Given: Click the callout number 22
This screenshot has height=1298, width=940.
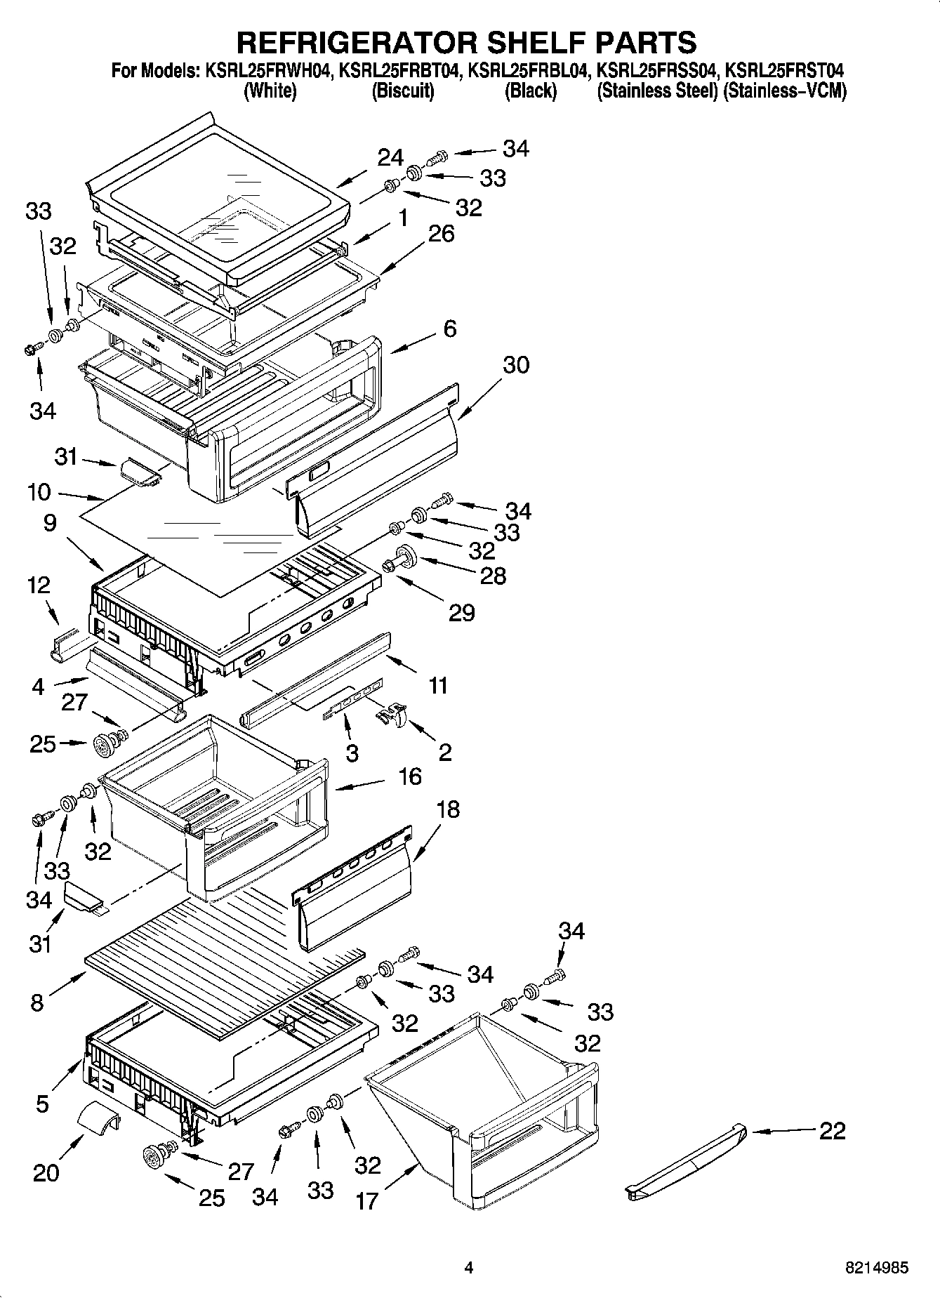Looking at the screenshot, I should (x=832, y=1131).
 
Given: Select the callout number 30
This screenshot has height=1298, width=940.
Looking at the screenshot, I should (x=515, y=365).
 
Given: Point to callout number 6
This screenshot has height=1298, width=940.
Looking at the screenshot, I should (x=450, y=329).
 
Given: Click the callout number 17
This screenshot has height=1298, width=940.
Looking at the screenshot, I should (x=366, y=1201).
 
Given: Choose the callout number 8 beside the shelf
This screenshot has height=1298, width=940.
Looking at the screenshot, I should (x=37, y=1003).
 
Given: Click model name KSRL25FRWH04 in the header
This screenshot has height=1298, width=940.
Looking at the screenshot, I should (x=267, y=70).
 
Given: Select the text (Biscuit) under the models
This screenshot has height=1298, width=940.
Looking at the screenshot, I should (x=402, y=91).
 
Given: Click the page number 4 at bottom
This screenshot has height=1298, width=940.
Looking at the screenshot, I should (x=469, y=1268).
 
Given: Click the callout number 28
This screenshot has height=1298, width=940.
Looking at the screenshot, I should (x=492, y=576).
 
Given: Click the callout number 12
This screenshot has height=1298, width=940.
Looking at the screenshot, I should (x=39, y=584).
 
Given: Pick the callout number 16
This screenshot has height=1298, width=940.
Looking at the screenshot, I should (x=409, y=776).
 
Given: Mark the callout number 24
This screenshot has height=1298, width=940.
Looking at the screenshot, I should (x=390, y=158).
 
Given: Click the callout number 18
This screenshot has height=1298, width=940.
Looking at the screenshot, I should (x=447, y=809).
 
